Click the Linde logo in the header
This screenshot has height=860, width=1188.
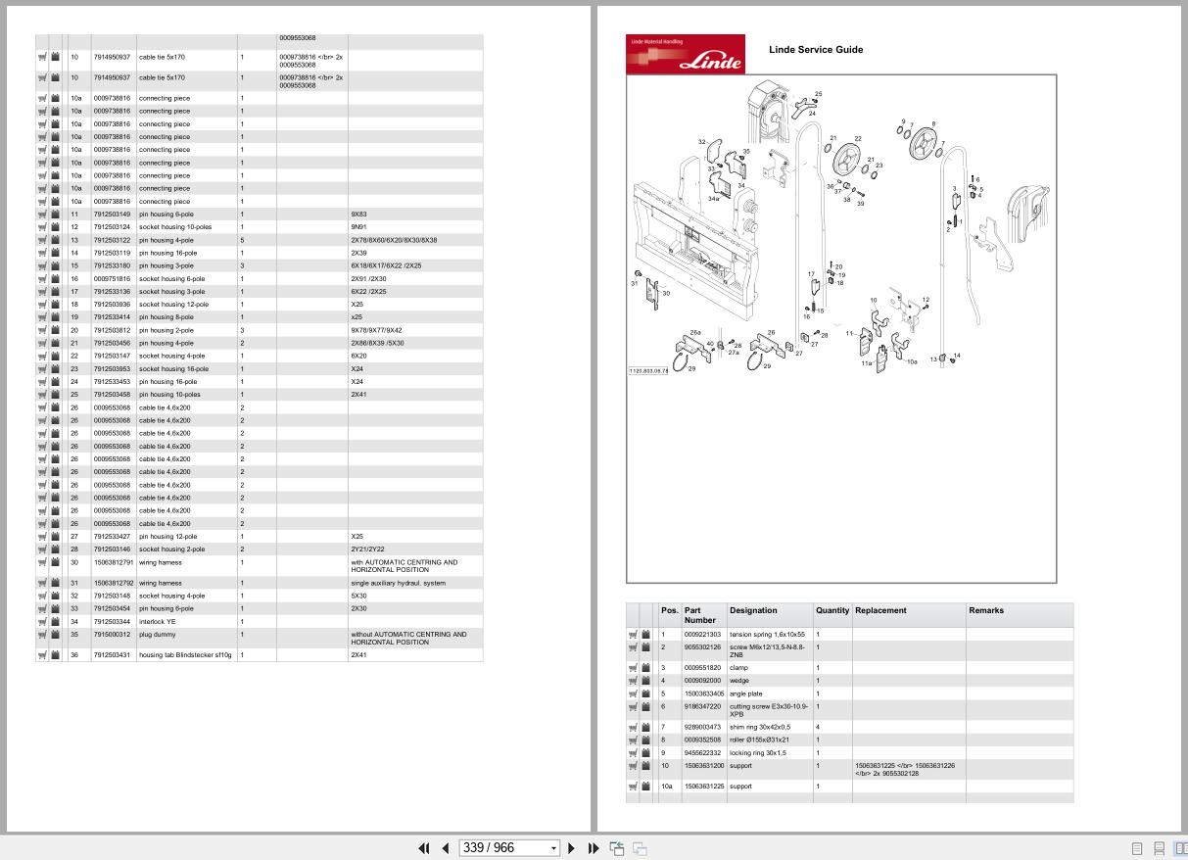(685, 55)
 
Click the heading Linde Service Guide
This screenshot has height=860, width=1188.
(816, 50)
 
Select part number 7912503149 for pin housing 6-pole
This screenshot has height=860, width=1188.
(112, 215)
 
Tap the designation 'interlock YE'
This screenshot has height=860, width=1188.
(159, 621)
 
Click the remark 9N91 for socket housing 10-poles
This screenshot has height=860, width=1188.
(358, 227)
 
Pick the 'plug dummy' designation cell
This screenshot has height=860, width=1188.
(157, 634)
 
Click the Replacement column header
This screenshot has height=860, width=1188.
(880, 610)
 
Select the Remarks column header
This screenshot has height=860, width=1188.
(986, 610)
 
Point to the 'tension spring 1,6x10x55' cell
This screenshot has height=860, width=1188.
(766, 635)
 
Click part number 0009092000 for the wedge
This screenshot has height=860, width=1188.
(702, 681)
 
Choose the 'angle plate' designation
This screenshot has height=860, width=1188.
(746, 693)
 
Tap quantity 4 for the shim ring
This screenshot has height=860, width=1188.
(819, 727)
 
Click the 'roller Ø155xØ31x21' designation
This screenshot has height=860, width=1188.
(759, 740)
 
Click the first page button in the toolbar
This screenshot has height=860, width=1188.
(424, 848)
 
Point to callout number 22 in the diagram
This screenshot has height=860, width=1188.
(858, 139)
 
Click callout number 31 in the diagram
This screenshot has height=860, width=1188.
(635, 283)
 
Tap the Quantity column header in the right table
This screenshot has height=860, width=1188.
(832, 610)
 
